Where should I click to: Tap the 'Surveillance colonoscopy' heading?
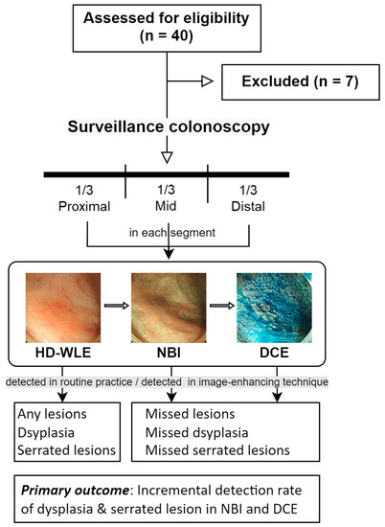pos(168,126)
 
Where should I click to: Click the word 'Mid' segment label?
pos(169,207)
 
